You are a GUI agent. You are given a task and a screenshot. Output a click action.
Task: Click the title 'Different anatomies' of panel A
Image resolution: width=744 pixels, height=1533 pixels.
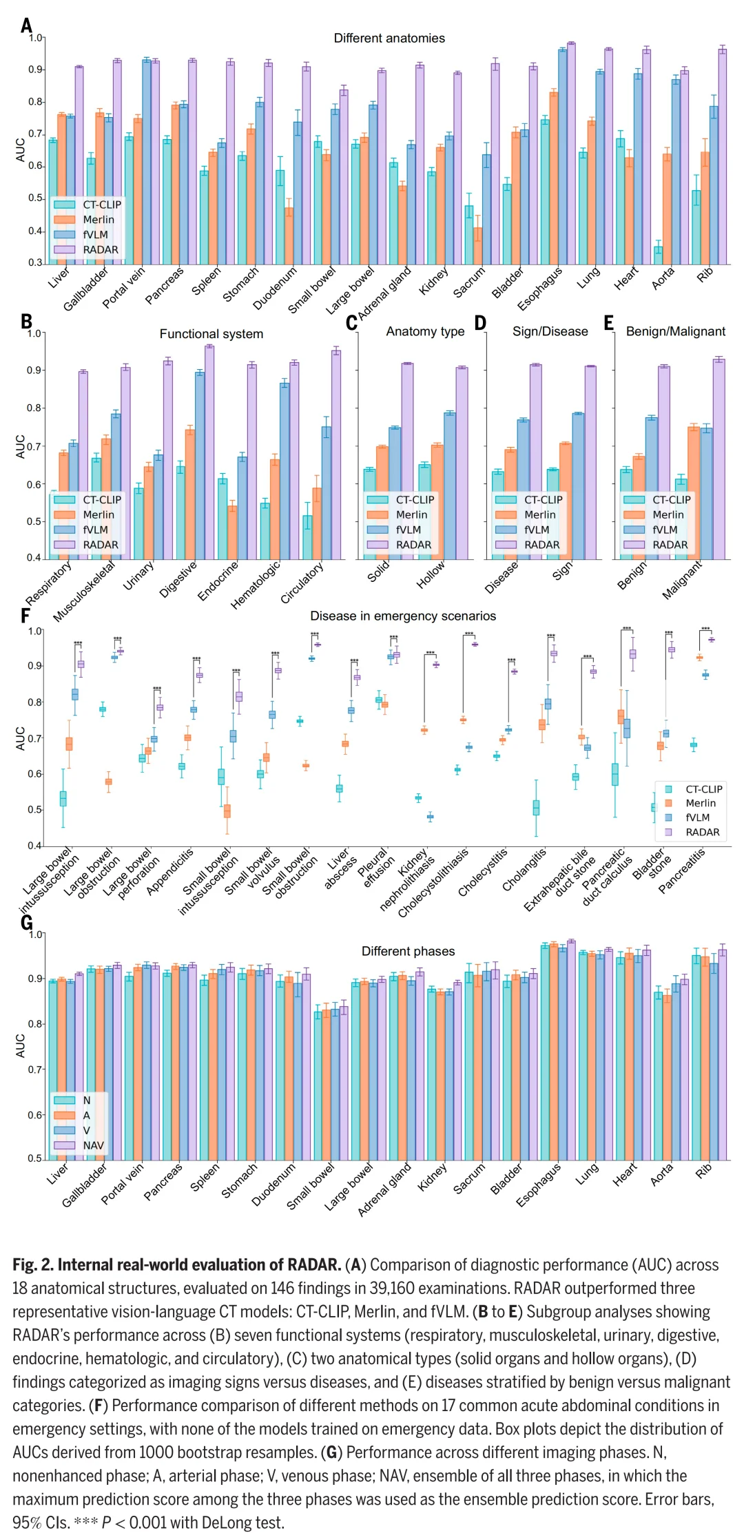pos(389,39)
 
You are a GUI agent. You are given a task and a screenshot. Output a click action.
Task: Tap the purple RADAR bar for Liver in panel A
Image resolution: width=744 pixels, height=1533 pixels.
pos(79,165)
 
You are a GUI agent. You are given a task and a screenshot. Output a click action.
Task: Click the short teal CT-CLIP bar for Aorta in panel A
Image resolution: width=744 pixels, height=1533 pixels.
pos(658,255)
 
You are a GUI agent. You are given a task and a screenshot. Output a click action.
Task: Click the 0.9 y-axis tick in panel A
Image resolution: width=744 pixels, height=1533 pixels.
pos(36,70)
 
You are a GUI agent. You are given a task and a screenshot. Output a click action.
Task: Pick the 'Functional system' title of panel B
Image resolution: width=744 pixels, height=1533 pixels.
pos(211,334)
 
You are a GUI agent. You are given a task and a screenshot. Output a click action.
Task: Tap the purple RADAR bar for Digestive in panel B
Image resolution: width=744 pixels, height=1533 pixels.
pos(209,452)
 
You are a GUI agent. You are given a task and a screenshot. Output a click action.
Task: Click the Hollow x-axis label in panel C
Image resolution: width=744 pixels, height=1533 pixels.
pos(431,575)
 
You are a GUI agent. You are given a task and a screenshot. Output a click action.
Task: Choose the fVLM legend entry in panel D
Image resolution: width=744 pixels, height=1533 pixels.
pos(527,530)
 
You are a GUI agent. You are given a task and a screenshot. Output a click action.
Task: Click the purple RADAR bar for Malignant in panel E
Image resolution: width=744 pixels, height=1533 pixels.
pos(719,459)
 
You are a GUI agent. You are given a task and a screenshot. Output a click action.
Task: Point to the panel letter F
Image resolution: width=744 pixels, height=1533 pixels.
pos(25,615)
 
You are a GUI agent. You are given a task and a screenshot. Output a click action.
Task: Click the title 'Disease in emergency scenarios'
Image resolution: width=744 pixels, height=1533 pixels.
pos(403,616)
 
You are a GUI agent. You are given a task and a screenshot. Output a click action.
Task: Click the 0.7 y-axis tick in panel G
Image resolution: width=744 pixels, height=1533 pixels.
pos(36,1070)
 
